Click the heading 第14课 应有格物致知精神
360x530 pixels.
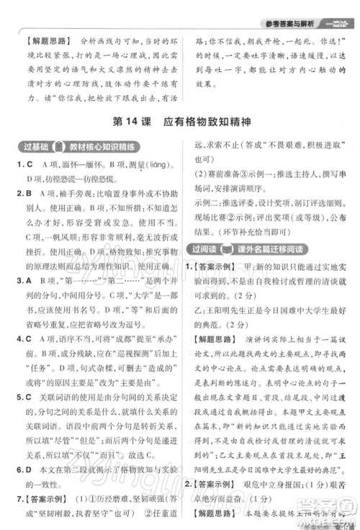pos(180,123)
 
